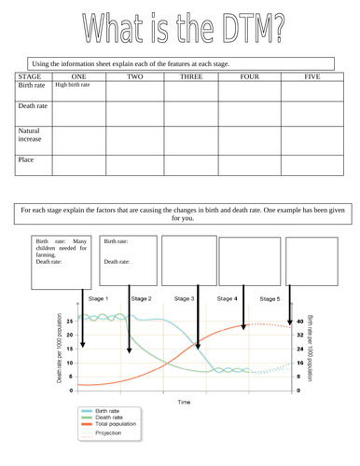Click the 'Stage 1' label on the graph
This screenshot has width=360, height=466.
pyautogui.click(x=100, y=298)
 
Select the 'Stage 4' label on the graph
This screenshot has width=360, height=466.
pyautogui.click(x=227, y=298)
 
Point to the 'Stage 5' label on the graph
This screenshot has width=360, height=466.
pyautogui.click(x=269, y=298)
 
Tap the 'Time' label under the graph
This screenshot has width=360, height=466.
pyautogui.click(x=185, y=401)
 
